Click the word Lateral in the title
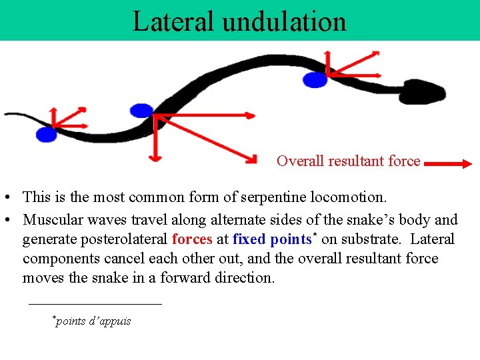point(174,21)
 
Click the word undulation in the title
point(284,21)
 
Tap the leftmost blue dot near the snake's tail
point(46,134)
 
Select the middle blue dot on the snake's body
point(141,111)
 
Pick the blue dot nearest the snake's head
point(315,80)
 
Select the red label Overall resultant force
point(348,161)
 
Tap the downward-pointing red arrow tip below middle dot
point(154,159)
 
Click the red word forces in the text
point(192,239)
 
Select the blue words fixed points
point(272,239)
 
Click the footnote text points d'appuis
point(93,321)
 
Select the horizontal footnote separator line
point(95,304)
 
